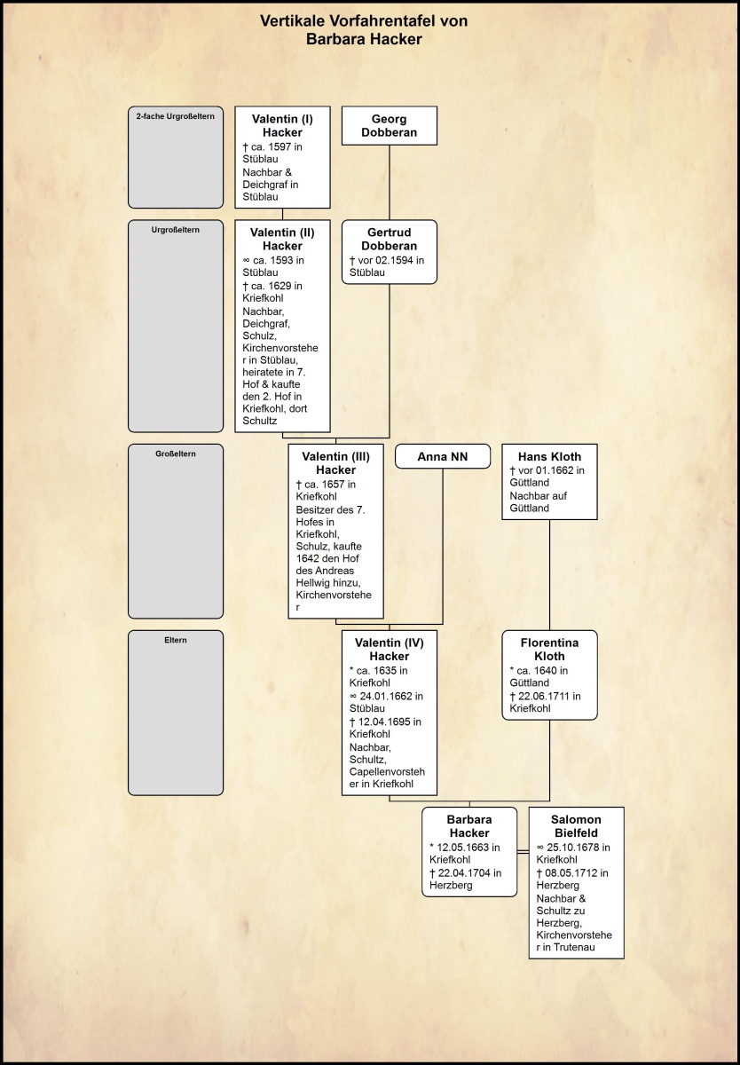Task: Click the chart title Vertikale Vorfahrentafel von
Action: tap(364, 21)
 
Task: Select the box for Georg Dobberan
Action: tap(390, 126)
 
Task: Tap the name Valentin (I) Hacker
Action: tap(282, 125)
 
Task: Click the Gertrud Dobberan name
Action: tap(390, 239)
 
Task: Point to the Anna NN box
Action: tap(442, 456)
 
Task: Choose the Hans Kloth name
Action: tap(549, 456)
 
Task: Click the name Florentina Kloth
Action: tap(549, 649)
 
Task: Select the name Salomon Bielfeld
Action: tap(576, 826)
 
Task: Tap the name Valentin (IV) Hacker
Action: tap(390, 649)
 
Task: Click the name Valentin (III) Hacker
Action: tap(335, 462)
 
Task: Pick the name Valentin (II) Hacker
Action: tap(282, 239)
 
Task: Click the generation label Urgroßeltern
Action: tap(176, 230)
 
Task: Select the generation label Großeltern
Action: tap(176, 454)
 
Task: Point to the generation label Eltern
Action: tap(176, 640)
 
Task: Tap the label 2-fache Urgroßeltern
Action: tap(176, 116)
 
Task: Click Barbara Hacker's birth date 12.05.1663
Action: tap(467, 847)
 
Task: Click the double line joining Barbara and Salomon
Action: tap(523, 853)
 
